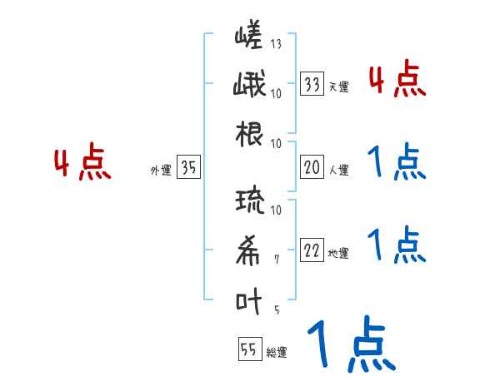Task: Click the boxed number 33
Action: [x=312, y=84]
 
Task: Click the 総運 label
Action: [x=276, y=353]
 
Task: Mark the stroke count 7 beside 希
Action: [x=277, y=260]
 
